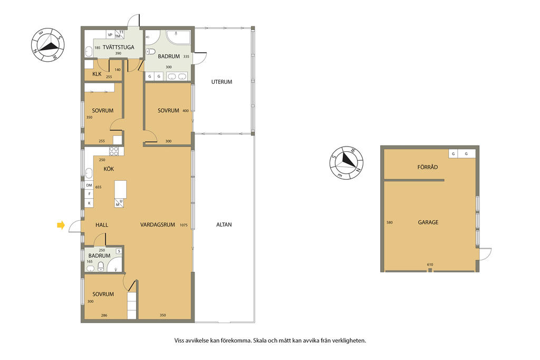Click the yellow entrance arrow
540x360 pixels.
[x=61, y=226]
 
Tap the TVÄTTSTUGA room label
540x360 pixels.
[x=119, y=47]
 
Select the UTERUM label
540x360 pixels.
[x=222, y=82]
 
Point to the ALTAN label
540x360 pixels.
[x=224, y=225]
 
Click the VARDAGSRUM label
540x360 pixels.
[x=158, y=225]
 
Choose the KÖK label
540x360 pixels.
[x=109, y=169]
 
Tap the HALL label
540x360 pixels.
[x=102, y=225]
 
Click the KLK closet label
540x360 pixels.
[x=97, y=74]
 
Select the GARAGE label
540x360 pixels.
[x=428, y=222]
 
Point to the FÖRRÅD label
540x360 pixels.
[x=428, y=167]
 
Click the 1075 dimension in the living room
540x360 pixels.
[x=184, y=225]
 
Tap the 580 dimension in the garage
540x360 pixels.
[x=390, y=222]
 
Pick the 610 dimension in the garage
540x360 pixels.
[x=430, y=265]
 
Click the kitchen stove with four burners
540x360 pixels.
[x=114, y=151]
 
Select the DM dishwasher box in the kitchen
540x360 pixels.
[x=89, y=185]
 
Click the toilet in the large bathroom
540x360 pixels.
[x=150, y=52]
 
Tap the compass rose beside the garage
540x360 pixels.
[x=346, y=162]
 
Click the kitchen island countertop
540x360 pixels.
[x=121, y=189]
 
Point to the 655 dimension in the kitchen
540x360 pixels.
[x=99, y=187]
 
